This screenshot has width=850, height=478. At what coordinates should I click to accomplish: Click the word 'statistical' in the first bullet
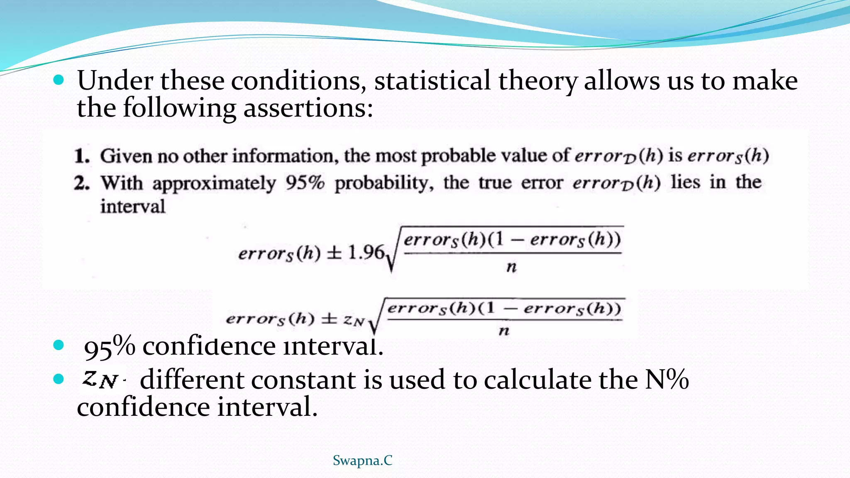pyautogui.click(x=432, y=80)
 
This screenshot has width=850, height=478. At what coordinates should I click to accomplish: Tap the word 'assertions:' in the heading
pyautogui.click(x=308, y=108)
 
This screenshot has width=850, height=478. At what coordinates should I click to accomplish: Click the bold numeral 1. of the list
pyautogui.click(x=82, y=156)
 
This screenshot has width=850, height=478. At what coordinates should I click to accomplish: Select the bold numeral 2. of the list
pyautogui.click(x=82, y=183)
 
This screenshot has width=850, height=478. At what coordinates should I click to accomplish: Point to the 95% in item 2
pyautogui.click(x=305, y=182)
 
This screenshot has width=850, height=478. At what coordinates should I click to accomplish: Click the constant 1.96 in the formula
pyautogui.click(x=365, y=252)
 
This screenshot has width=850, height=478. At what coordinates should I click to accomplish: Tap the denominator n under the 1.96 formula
pyautogui.click(x=511, y=267)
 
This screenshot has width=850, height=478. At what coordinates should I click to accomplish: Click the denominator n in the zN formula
pyautogui.click(x=504, y=331)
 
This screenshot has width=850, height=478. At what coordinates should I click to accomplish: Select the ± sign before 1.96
pyautogui.click(x=334, y=253)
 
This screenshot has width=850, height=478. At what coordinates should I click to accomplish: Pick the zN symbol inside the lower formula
pyautogui.click(x=354, y=320)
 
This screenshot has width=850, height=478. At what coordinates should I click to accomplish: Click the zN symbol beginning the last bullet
pyautogui.click(x=100, y=379)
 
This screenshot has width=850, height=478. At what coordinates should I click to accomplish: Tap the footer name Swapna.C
pyautogui.click(x=362, y=460)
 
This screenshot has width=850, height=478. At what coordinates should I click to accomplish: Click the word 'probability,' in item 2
pyautogui.click(x=384, y=183)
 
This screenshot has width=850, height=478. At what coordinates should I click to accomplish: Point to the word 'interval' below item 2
pyautogui.click(x=132, y=206)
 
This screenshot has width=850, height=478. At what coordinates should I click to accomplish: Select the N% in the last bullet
pyautogui.click(x=667, y=379)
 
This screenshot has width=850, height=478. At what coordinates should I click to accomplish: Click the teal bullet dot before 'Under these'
pyautogui.click(x=59, y=80)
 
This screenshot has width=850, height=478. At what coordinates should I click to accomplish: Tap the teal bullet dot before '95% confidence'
pyautogui.click(x=59, y=345)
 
